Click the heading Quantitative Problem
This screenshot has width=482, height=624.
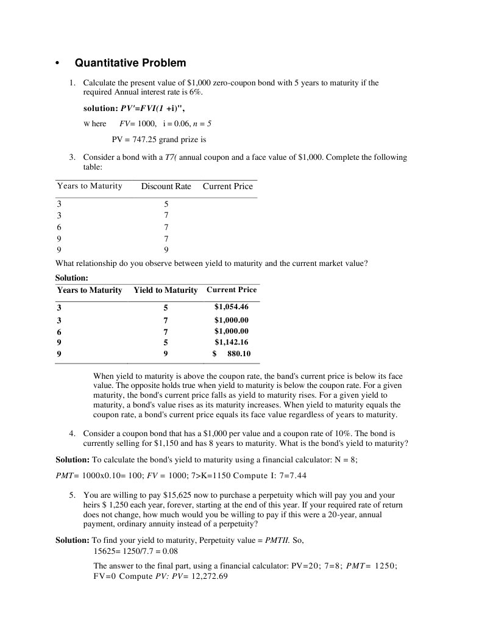(x=130, y=63)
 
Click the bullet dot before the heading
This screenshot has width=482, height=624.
(x=57, y=63)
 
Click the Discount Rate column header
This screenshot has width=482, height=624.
(x=166, y=187)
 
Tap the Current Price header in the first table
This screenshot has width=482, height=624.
(x=227, y=187)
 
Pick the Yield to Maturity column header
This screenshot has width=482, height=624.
(x=166, y=290)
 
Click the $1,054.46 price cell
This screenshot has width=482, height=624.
(x=231, y=307)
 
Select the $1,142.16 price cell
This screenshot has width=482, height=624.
(x=231, y=342)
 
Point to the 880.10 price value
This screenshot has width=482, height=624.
(x=239, y=354)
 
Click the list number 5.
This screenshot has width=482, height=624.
(x=72, y=495)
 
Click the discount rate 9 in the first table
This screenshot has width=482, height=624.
(x=166, y=249)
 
